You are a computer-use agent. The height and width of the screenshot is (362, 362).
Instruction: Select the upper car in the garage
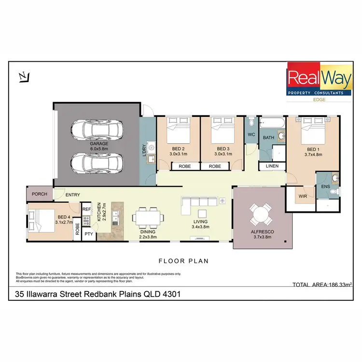click(97, 129)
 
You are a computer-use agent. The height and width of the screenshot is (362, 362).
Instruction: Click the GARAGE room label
click(99, 143)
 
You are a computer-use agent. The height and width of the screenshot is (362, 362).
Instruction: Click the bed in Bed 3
click(222, 129)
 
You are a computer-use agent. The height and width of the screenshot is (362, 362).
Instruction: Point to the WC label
click(251, 135)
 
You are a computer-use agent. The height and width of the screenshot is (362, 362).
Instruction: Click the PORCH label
click(39, 195)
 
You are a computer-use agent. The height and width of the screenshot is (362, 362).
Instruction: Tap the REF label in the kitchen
click(87, 209)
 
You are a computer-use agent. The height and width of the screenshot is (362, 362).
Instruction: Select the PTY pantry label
click(88, 235)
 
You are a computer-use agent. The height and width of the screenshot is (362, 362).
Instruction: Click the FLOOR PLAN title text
click(184, 261)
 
